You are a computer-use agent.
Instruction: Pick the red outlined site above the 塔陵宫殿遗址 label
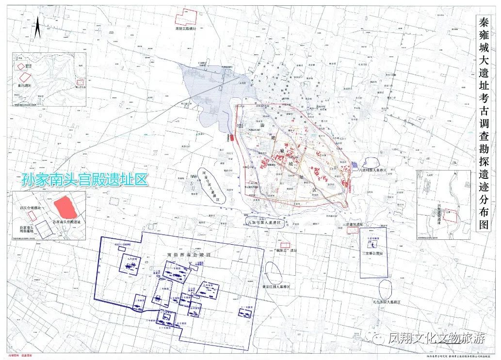point(185,17)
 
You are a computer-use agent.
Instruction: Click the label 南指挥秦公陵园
point(184,253)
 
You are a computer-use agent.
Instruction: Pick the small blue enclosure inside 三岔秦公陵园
point(376,245)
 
